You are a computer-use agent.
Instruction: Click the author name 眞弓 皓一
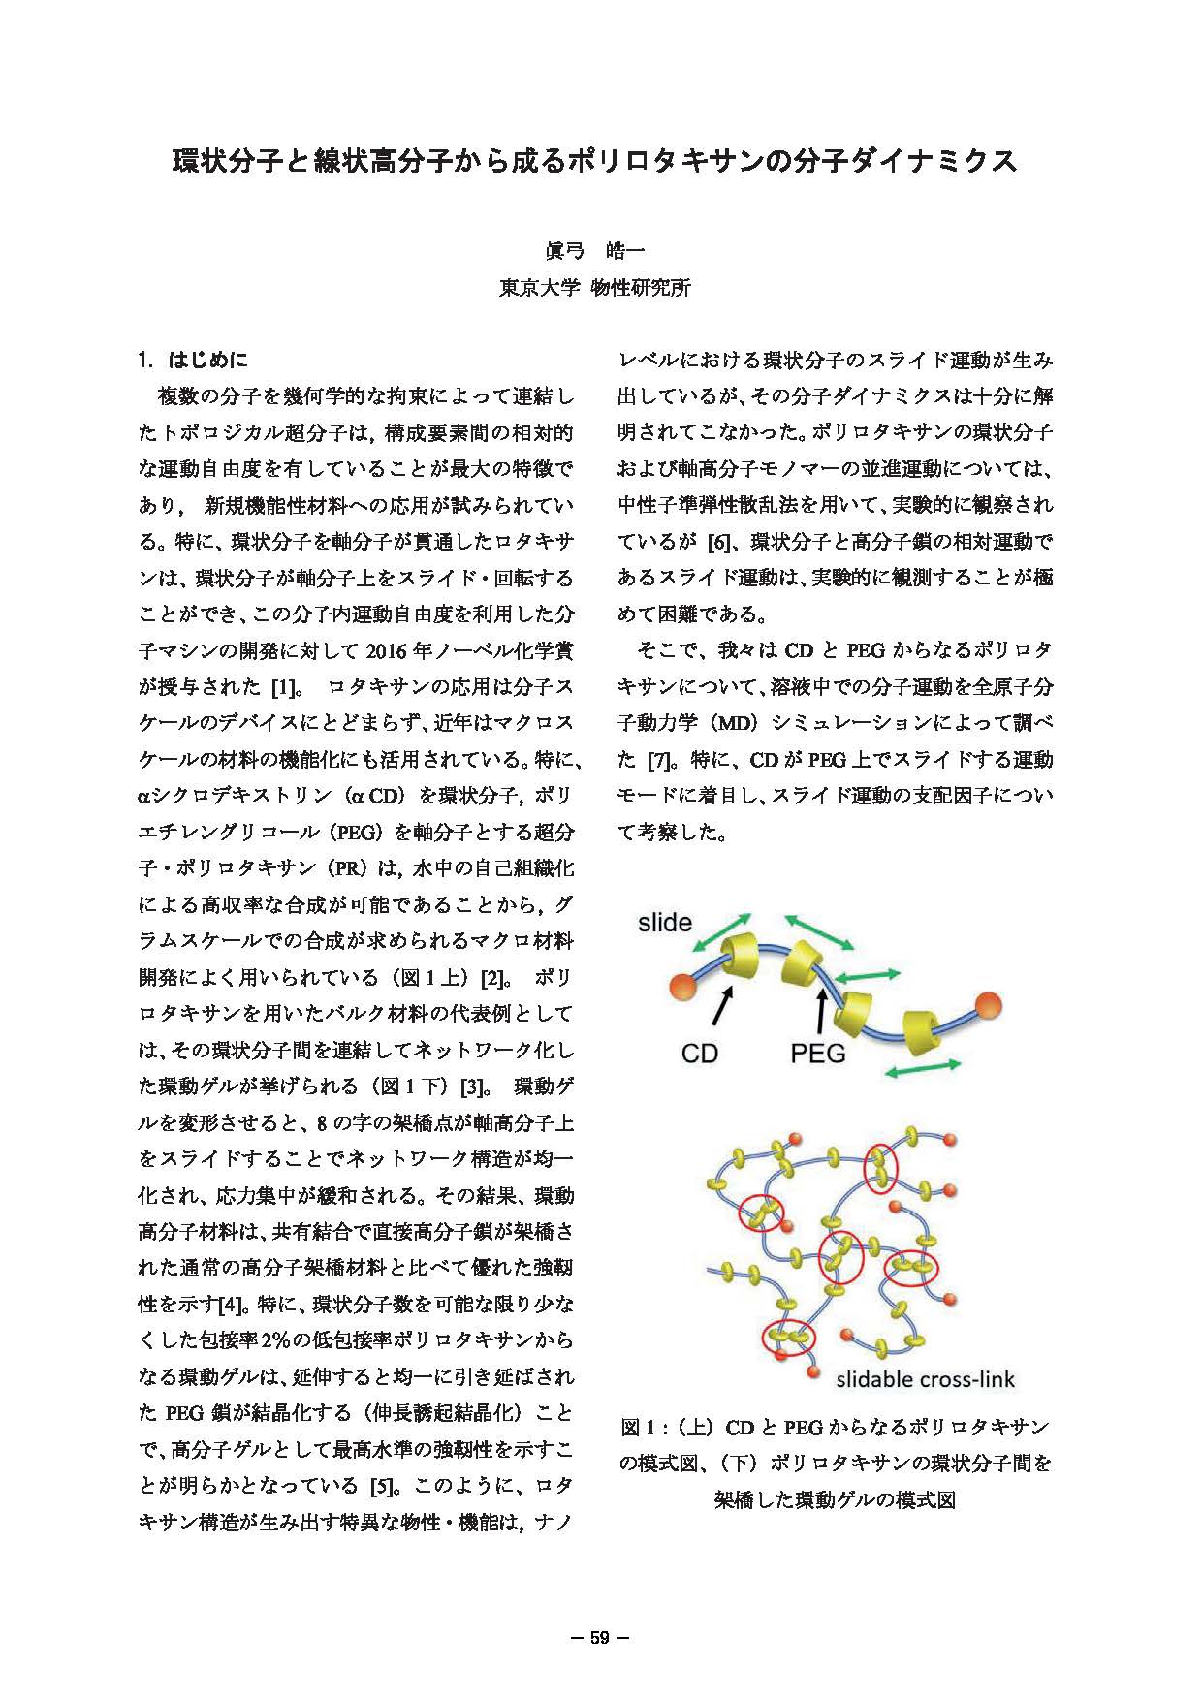[x=594, y=251]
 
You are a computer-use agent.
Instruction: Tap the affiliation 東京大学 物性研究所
[x=594, y=288]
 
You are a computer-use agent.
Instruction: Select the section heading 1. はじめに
[x=193, y=361]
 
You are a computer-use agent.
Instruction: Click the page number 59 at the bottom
[x=599, y=1638]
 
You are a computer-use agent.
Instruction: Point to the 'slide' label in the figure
[x=665, y=923]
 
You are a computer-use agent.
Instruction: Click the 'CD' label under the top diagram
[x=699, y=1053]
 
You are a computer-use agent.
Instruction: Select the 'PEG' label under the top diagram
[x=817, y=1053]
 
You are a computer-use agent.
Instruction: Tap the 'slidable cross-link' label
[x=925, y=1379]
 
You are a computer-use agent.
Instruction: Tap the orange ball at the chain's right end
[x=988, y=1003]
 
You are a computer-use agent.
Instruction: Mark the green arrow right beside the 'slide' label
[x=723, y=932]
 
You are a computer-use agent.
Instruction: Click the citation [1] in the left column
[x=282, y=687]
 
